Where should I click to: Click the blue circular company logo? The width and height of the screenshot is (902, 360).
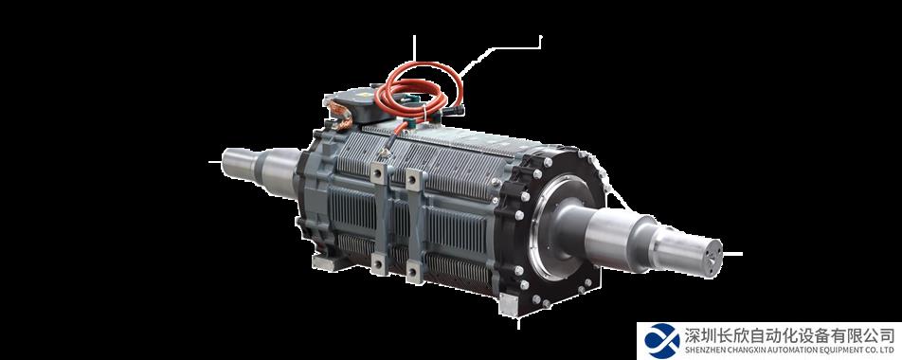[661, 341]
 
